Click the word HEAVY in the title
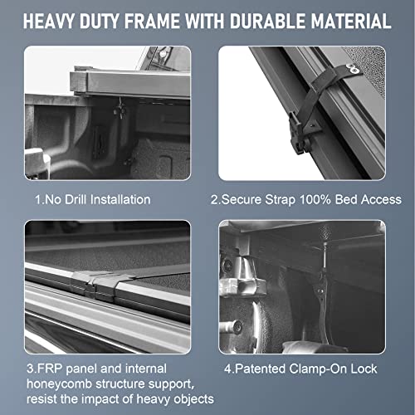click(49, 21)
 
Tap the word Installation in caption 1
click(120, 199)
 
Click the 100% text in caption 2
click(315, 199)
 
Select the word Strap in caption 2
click(280, 200)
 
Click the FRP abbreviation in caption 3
click(49, 369)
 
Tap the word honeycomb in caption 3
click(59, 384)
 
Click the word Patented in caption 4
click(260, 369)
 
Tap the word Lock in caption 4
click(364, 369)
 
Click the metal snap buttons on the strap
click(353, 69)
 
